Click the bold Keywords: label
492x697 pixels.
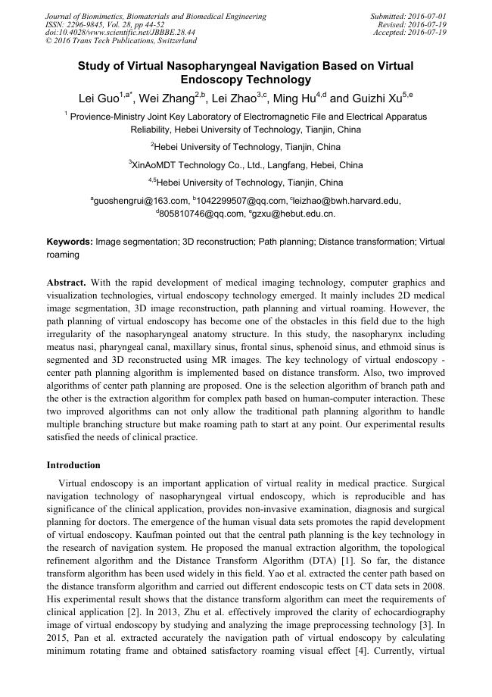click(x=70, y=242)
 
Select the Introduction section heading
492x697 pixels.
click(x=73, y=464)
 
